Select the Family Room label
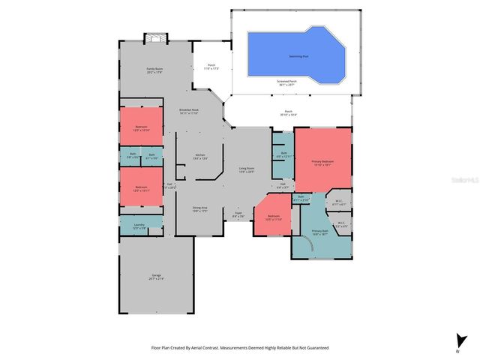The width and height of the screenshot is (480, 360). click(x=154, y=70)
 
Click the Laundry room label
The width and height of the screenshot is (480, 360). click(x=139, y=226)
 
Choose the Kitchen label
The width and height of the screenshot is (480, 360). click(x=200, y=157)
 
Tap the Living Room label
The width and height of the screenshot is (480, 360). click(x=247, y=169)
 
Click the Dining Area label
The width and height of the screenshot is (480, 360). click(x=199, y=211)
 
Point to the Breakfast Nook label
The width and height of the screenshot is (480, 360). click(x=189, y=112)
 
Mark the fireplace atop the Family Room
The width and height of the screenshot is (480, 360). click(x=154, y=37)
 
